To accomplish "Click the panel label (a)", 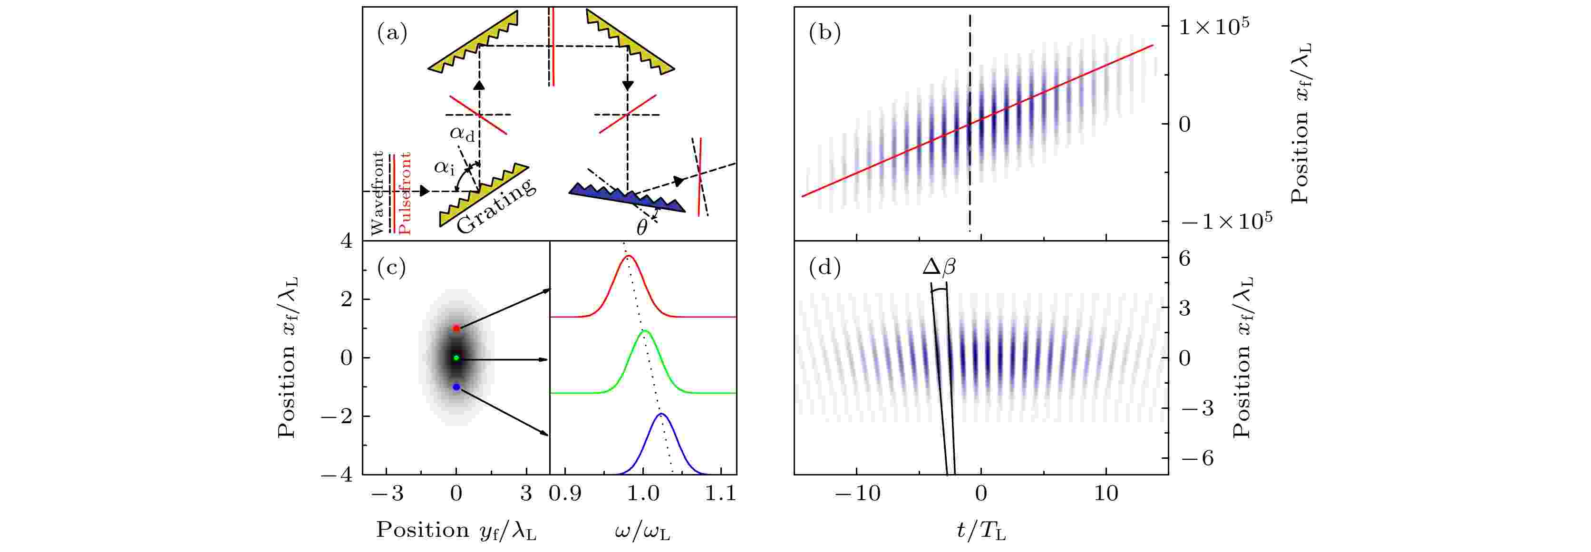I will click(x=392, y=33).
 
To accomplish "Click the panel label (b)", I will click(x=825, y=33).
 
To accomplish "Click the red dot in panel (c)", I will click(x=456, y=329).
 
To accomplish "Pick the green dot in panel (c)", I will click(x=456, y=358).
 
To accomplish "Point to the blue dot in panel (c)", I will click(x=456, y=387).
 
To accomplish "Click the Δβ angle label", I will click(x=939, y=267).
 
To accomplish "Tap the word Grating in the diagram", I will click(x=496, y=206).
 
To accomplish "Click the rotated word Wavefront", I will click(x=378, y=193).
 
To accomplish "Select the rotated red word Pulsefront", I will click(x=405, y=193).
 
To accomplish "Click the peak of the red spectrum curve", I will click(x=629, y=256).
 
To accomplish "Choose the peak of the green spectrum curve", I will click(x=644, y=331).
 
